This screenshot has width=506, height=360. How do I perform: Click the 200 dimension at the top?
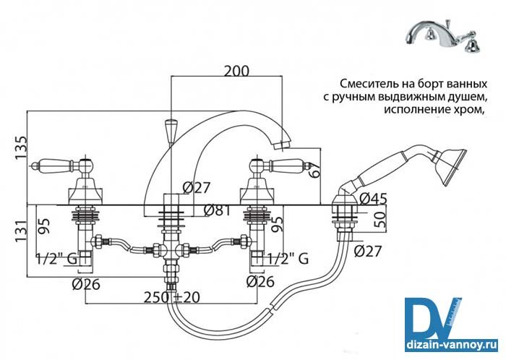coord(236,71)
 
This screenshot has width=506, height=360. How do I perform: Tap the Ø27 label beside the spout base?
coord(197,187)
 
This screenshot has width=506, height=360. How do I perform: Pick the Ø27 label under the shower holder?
coord(369,252)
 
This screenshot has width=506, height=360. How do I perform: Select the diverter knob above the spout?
coord(172,130)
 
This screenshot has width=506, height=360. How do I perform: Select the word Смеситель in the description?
coord(365,82)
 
